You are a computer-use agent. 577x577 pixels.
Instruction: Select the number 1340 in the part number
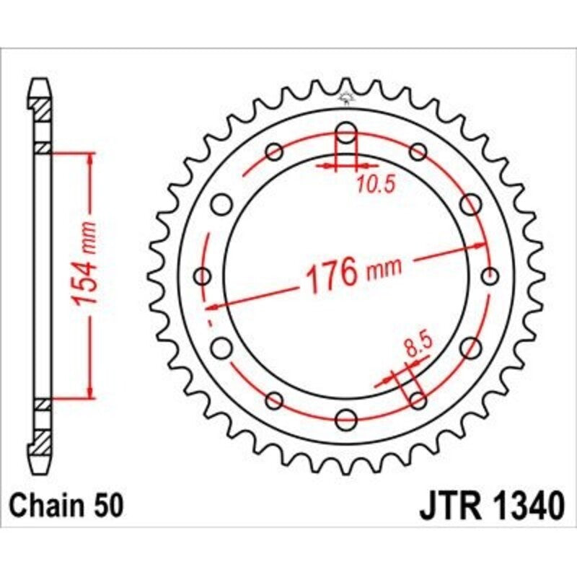[523, 506]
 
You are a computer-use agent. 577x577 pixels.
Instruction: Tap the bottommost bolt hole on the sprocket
[346, 418]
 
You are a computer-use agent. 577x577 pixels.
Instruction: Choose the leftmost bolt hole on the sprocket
[203, 276]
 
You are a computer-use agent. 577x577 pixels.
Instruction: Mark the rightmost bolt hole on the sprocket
[490, 276]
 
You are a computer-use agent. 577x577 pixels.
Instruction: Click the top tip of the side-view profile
[43, 82]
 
